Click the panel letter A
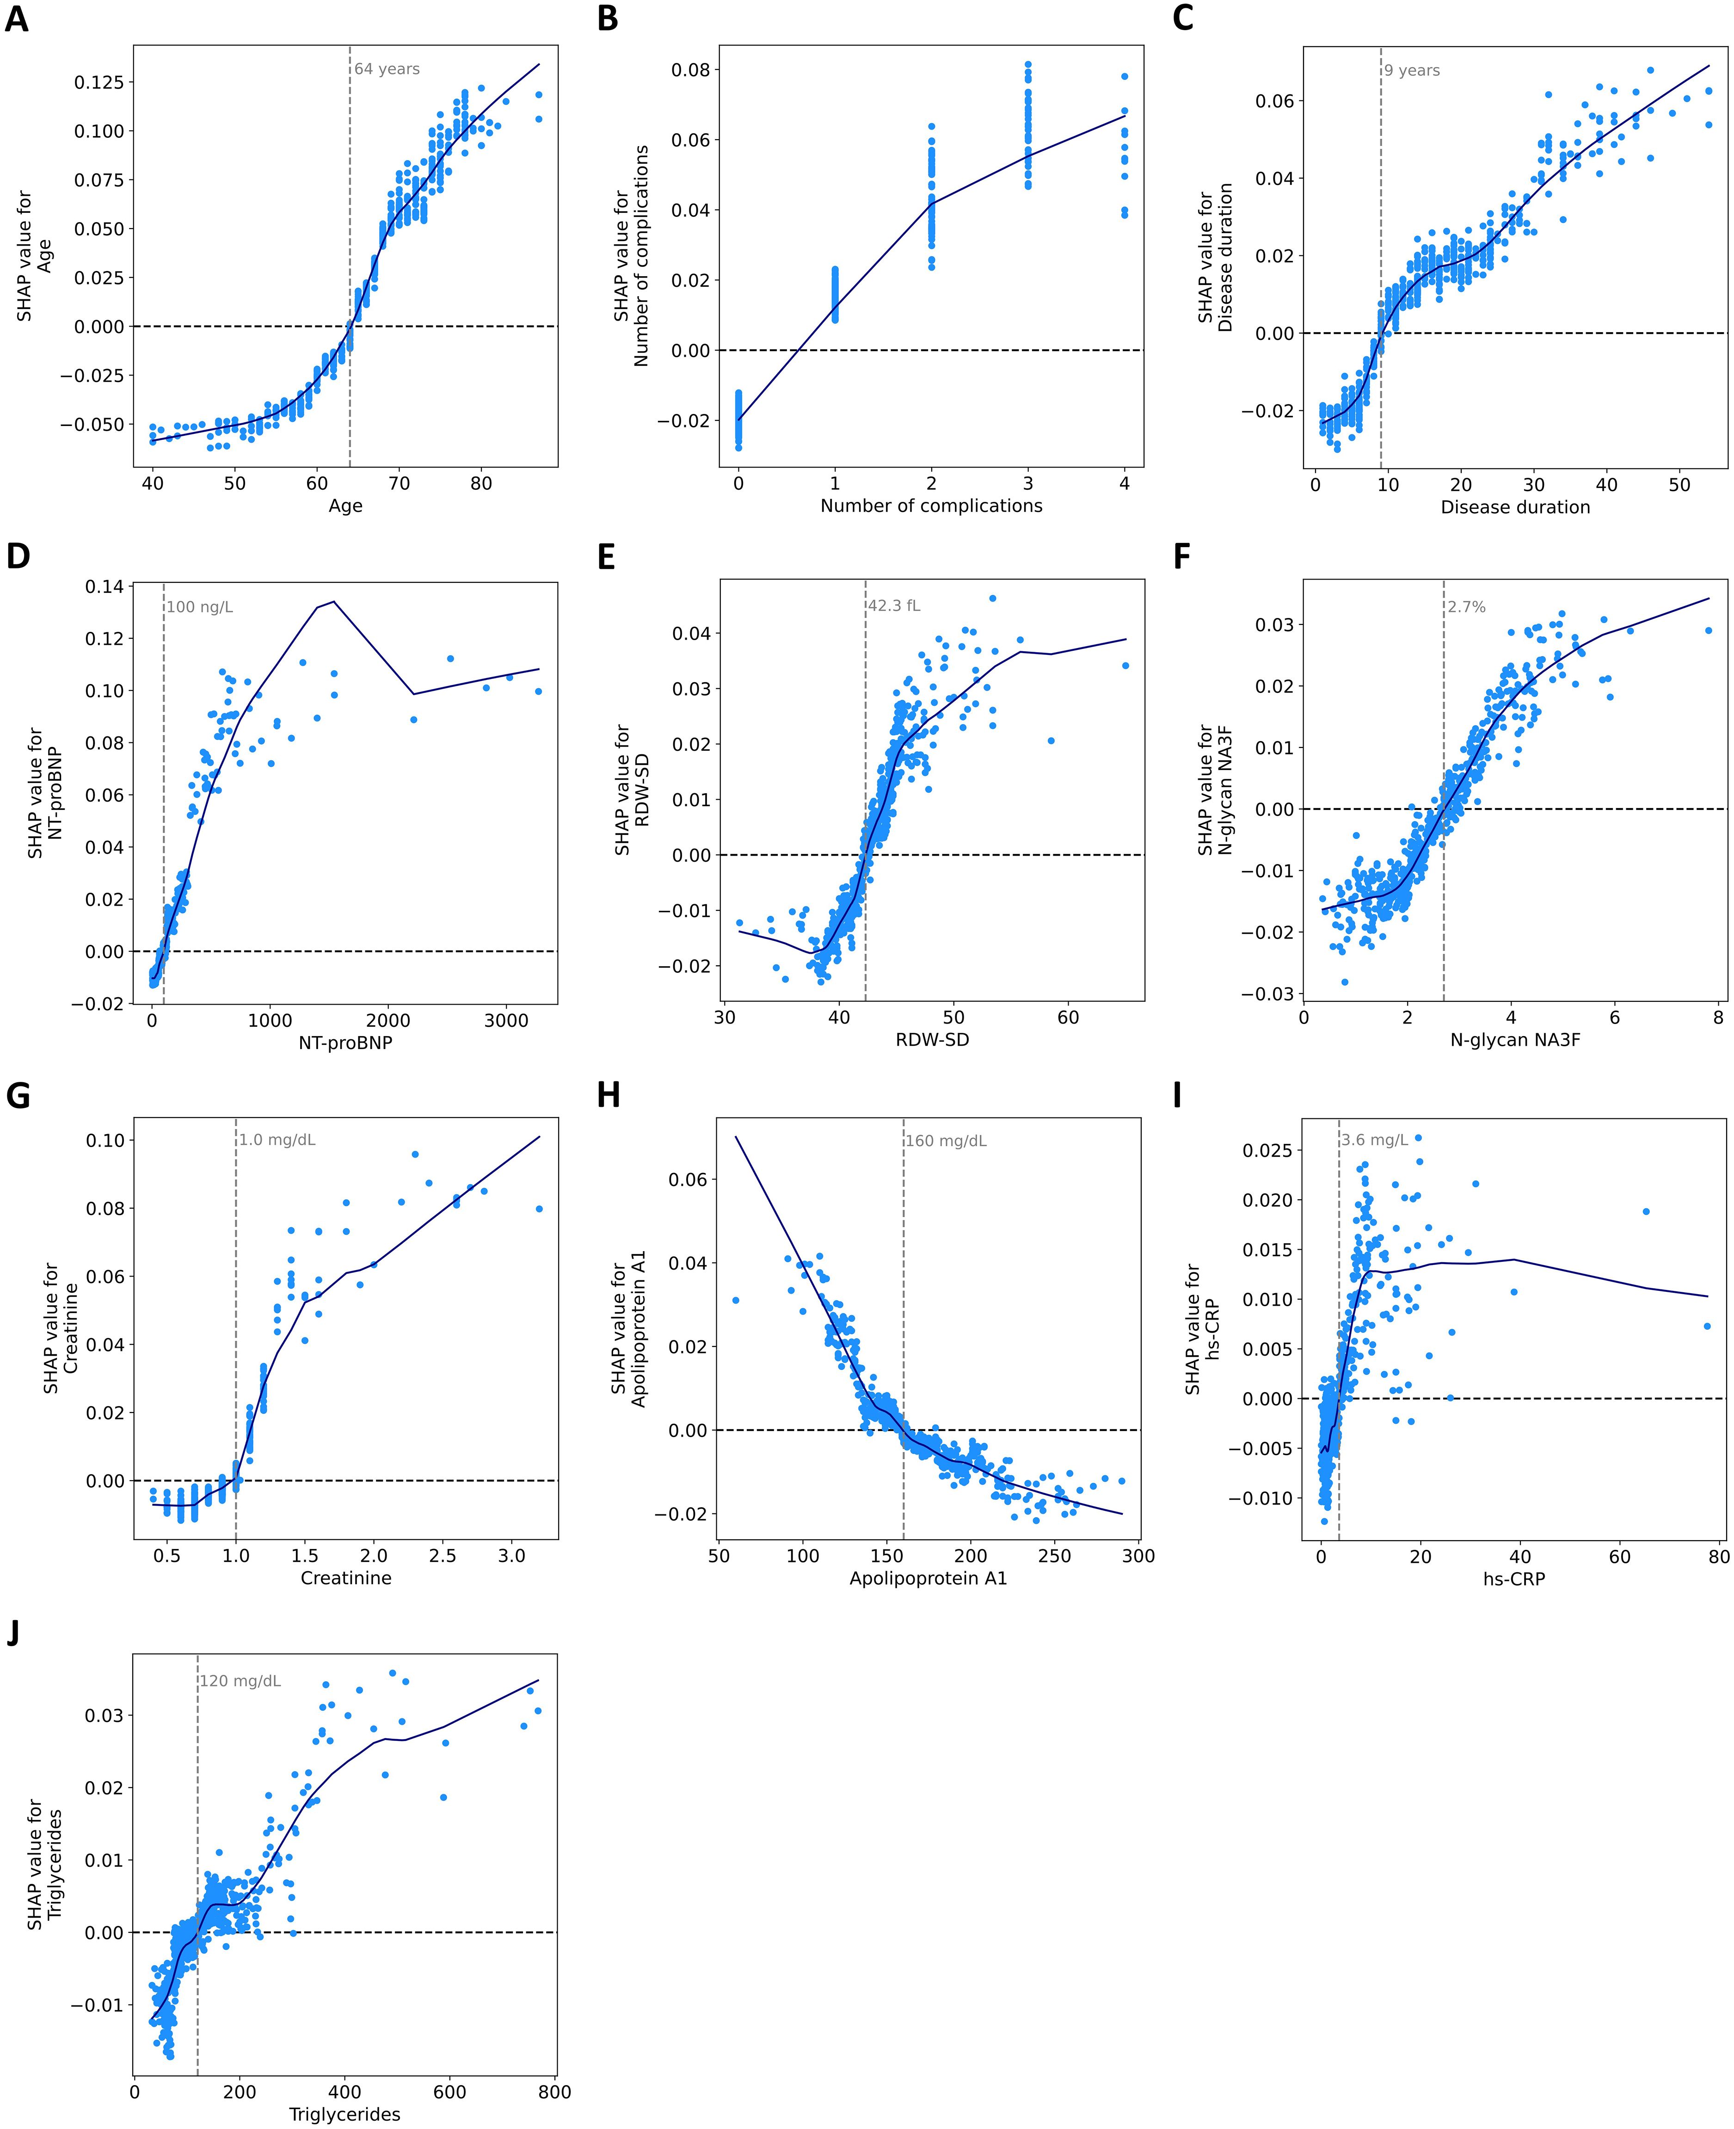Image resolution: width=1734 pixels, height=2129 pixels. (x=17, y=19)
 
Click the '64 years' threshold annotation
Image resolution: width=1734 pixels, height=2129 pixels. (x=387, y=69)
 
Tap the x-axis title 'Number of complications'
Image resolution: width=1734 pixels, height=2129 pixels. (x=931, y=506)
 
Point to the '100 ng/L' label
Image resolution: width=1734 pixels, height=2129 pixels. (x=200, y=606)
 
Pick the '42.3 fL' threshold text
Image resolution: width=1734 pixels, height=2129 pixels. (x=894, y=605)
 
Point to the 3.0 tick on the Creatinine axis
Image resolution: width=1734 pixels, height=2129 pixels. (x=511, y=1555)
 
